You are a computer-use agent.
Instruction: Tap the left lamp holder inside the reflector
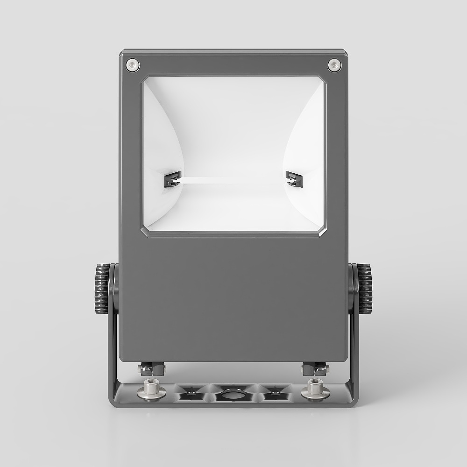[x=171, y=179]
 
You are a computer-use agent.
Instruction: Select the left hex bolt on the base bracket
[x=151, y=389]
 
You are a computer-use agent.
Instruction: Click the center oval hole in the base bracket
[x=232, y=394]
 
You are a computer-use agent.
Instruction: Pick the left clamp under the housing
[x=152, y=369]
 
